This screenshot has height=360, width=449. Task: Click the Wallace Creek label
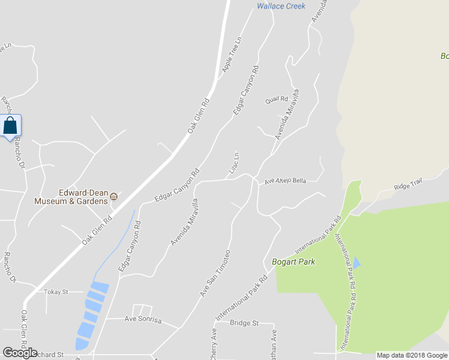[281, 6]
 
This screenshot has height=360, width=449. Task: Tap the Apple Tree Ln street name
[231, 55]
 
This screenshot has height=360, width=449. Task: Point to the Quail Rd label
[277, 100]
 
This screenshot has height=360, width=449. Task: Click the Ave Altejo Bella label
[286, 181]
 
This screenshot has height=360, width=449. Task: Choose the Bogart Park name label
[294, 262]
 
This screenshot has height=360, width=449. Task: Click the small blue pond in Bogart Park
[357, 262]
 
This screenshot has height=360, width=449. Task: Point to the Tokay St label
[58, 292]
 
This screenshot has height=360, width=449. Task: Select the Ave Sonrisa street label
[143, 320]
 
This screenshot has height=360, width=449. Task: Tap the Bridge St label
[244, 323]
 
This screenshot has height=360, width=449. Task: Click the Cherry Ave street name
[213, 343]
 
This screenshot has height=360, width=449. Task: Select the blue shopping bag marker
[10, 126]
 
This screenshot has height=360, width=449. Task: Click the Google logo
[20, 353]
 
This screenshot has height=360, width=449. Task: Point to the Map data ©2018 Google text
[412, 355]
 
